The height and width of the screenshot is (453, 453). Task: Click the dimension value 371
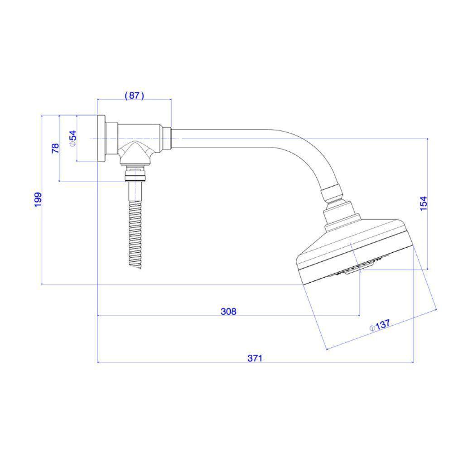click(255, 358)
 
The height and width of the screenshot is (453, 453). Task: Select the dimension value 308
click(228, 312)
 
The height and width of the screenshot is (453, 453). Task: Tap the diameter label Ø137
click(380, 326)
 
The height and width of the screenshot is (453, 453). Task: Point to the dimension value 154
click(423, 204)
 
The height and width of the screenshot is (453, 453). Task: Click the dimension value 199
click(38, 200)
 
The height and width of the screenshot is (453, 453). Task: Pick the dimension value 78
click(55, 148)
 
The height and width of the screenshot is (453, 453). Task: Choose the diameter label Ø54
click(72, 139)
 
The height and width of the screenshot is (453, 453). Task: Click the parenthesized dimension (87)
click(134, 95)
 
